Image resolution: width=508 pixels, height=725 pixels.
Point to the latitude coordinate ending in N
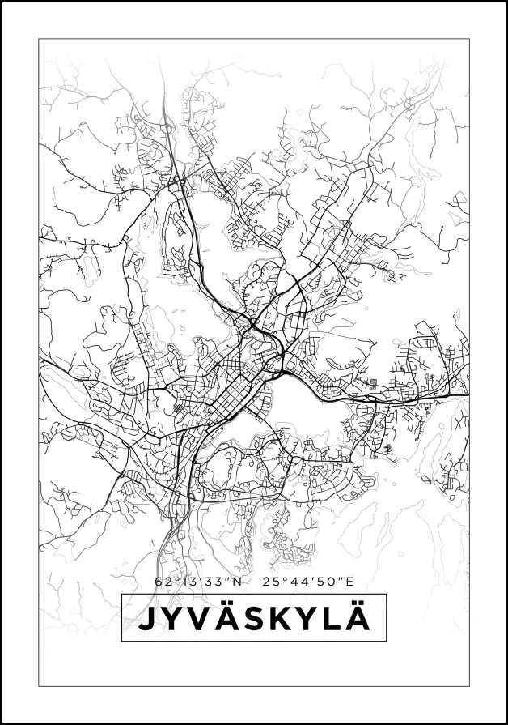coord(197,581)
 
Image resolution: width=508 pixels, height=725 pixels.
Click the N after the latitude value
coord(237,581)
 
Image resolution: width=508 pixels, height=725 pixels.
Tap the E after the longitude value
coord(350,581)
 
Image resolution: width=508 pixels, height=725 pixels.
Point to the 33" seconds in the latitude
coord(217,581)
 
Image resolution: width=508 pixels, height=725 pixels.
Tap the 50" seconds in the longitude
coord(329,581)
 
